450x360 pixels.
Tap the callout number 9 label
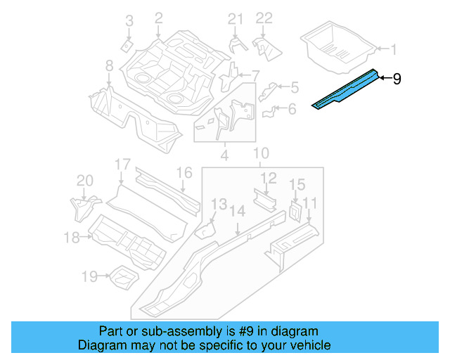point(397,79)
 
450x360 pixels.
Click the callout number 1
point(394,49)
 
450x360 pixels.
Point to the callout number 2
point(158,18)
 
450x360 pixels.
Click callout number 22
point(263,18)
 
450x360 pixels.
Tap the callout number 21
point(235,18)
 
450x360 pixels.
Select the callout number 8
point(109,65)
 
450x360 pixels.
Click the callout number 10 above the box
point(261,153)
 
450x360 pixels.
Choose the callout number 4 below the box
point(224,153)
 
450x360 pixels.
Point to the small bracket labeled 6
point(270,111)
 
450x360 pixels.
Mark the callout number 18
point(72,238)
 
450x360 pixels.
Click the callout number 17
point(123,165)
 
